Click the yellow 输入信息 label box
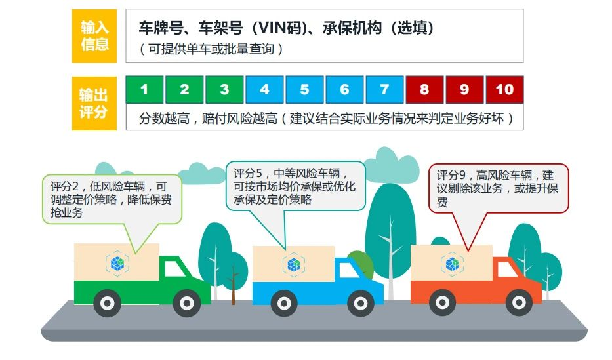point(94,36)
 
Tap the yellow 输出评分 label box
point(94,103)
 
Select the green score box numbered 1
point(144,90)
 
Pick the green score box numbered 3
point(224,90)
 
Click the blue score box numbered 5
point(305,90)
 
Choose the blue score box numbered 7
point(385,90)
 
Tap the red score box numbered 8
point(424,90)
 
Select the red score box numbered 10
point(504,90)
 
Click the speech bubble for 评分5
point(295,186)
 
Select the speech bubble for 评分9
point(499,189)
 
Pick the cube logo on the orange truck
point(453,264)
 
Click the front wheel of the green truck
point(187,303)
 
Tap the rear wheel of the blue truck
point(274,302)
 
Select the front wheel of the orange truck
point(519,302)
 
